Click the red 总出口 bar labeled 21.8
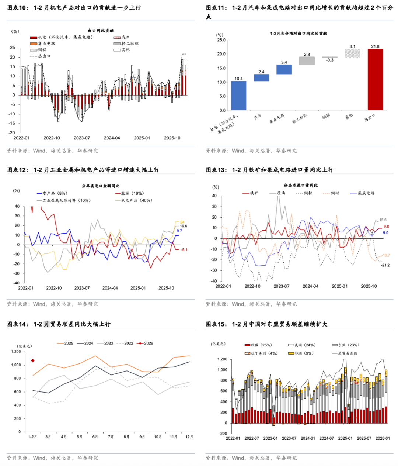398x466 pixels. point(375,79)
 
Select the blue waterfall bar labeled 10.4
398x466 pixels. point(238,96)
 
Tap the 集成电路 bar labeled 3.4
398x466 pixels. point(284,69)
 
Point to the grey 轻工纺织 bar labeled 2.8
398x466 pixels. point(307,61)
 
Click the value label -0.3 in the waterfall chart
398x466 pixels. point(329,60)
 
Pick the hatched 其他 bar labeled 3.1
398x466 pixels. point(352,53)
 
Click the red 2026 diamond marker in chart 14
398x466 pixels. point(33,360)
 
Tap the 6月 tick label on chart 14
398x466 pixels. point(95,437)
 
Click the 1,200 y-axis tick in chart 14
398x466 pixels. point(16,352)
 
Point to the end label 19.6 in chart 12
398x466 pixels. point(183,226)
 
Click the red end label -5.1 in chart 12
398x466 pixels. point(184,250)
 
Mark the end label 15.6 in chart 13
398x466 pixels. point(383,220)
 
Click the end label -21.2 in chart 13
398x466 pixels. point(385,265)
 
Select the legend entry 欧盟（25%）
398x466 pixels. point(258,345)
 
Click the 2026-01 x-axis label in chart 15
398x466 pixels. point(383,438)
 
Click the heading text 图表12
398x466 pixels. point(17,170)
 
